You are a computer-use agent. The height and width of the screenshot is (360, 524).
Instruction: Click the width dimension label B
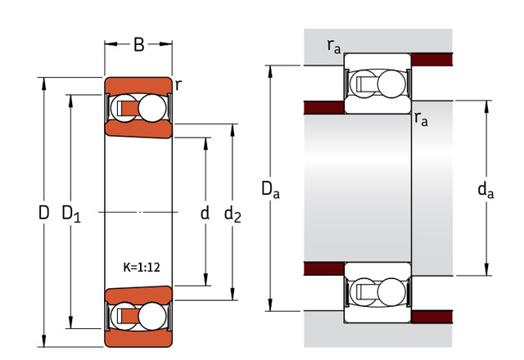(138, 45)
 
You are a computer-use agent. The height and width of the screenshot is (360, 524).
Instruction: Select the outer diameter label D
(44, 214)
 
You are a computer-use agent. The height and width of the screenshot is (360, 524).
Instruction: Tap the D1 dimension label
(71, 214)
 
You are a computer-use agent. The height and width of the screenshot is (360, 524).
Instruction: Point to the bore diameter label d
(205, 214)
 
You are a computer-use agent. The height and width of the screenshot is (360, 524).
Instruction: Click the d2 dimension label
(233, 214)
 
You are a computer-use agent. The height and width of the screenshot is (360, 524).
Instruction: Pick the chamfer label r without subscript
(178, 83)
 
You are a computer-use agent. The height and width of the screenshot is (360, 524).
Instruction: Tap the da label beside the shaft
(486, 191)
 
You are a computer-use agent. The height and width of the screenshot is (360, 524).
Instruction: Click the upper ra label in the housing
(334, 47)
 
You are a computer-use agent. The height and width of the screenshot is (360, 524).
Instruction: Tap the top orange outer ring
(138, 86)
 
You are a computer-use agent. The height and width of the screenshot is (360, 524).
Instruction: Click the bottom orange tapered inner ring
(138, 295)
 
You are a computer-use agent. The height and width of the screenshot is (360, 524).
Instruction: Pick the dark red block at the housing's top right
(431, 59)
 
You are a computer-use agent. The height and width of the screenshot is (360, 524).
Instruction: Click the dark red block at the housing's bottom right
(431, 316)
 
